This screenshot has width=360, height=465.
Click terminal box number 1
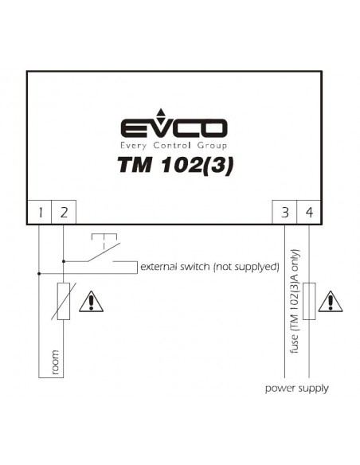click(40, 212)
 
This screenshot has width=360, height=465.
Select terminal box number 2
click(64, 212)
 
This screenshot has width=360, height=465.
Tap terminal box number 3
click(284, 212)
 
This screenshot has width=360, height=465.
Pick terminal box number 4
click(309, 212)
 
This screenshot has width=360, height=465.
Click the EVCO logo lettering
click(174, 128)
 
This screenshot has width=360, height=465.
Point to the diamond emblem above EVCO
click(161, 116)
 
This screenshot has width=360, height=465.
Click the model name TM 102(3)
click(175, 165)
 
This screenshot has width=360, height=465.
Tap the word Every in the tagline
click(134, 146)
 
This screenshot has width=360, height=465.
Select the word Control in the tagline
click(172, 145)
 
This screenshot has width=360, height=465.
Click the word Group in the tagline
click(212, 146)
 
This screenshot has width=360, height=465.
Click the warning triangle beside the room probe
click(91, 302)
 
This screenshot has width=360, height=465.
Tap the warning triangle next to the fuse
click(331, 302)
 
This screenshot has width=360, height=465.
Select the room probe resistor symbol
click(64, 301)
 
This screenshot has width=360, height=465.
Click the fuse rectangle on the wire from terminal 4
click(309, 301)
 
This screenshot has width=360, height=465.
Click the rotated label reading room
click(55, 362)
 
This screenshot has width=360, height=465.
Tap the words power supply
click(297, 389)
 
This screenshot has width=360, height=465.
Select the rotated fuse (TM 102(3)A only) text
click(295, 301)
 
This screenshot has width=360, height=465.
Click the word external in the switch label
click(158, 267)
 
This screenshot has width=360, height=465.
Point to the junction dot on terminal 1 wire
click(39, 273)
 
